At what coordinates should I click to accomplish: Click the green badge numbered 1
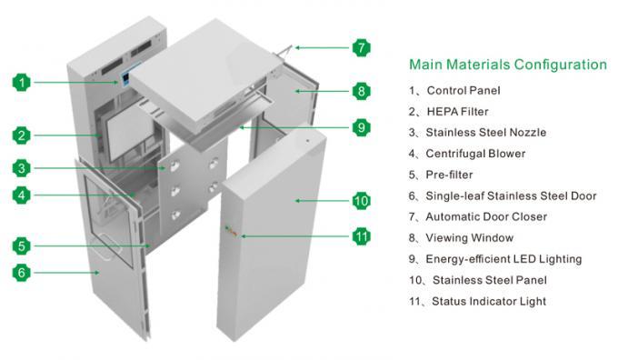22,83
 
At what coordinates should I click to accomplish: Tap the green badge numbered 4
22,195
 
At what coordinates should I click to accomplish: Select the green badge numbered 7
362,47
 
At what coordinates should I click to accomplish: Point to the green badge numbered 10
362,201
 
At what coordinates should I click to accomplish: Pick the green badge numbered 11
362,236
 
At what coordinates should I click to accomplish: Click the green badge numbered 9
362,127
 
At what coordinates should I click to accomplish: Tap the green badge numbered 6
22,273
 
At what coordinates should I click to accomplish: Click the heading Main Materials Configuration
508,65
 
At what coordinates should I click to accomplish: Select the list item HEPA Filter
457,112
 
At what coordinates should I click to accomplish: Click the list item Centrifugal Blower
475,154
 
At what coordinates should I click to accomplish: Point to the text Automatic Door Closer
486,216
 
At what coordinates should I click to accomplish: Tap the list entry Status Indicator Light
489,301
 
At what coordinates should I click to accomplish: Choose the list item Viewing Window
470,238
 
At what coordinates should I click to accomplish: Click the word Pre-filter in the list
449,175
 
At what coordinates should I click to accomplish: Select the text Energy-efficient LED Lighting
503,259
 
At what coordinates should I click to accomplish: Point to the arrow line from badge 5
91,246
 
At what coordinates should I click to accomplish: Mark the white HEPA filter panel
130,134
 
